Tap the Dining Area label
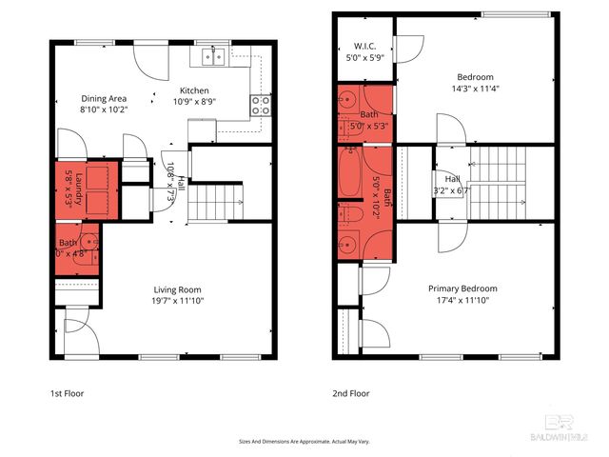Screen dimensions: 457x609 pyautogui.click(x=104, y=98)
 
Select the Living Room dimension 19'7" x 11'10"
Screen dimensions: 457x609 pyautogui.click(x=178, y=300)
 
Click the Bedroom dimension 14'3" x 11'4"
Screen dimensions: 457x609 pyautogui.click(x=475, y=89)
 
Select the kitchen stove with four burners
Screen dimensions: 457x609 pyautogui.click(x=263, y=106)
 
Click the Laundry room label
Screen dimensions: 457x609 pyautogui.click(x=80, y=189)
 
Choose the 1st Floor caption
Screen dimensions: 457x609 pyautogui.click(x=68, y=392)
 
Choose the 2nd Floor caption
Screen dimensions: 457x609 pyautogui.click(x=351, y=392)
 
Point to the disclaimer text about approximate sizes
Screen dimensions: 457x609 pyautogui.click(x=304, y=442)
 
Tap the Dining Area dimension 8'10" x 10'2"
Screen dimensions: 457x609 pyautogui.click(x=104, y=109)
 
